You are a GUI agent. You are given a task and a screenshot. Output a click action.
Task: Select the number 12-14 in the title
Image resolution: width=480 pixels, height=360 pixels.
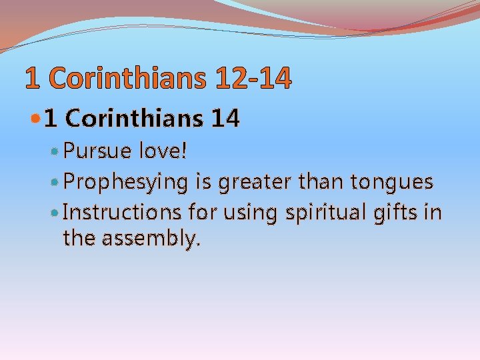coord(253,79)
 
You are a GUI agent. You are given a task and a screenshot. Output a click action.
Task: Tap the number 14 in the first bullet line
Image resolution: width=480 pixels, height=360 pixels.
coord(224,119)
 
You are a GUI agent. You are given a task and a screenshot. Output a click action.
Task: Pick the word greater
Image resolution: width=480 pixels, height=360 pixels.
coord(252,182)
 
